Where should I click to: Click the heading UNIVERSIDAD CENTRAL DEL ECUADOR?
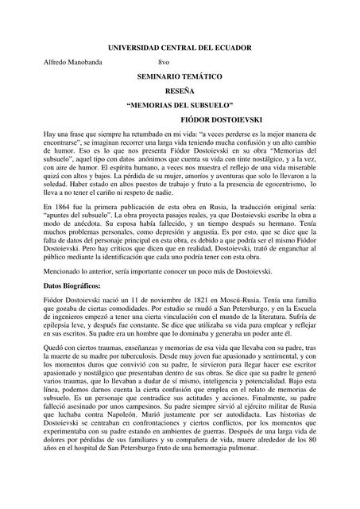pyautogui.click(x=179, y=49)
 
